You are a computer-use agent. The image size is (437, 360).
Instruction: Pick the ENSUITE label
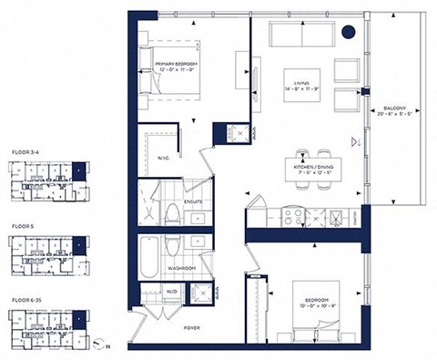pos(193,201)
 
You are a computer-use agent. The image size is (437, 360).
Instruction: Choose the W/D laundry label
pos(170,293)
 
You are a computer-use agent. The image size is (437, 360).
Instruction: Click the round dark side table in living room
pos(348,33)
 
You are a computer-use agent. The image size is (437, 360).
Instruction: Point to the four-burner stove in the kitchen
pos(294,217)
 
